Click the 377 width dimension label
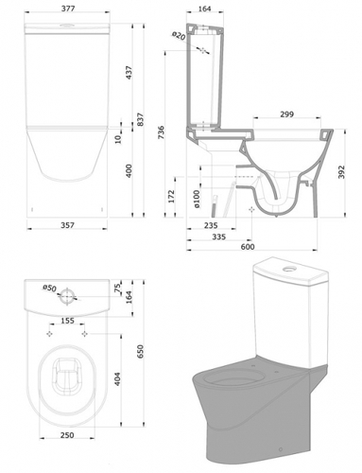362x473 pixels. pos(68,9)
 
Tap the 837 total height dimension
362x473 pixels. pos(141,119)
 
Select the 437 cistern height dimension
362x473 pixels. pos(129,72)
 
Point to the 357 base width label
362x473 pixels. pos(67,225)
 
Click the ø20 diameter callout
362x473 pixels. pos(179,36)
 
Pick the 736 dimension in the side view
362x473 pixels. pos(161,133)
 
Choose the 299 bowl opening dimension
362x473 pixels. pos(286,114)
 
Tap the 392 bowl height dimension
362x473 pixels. pos(341,172)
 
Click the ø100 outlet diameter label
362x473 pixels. pos(197,199)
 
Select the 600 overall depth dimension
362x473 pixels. pos(248,247)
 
